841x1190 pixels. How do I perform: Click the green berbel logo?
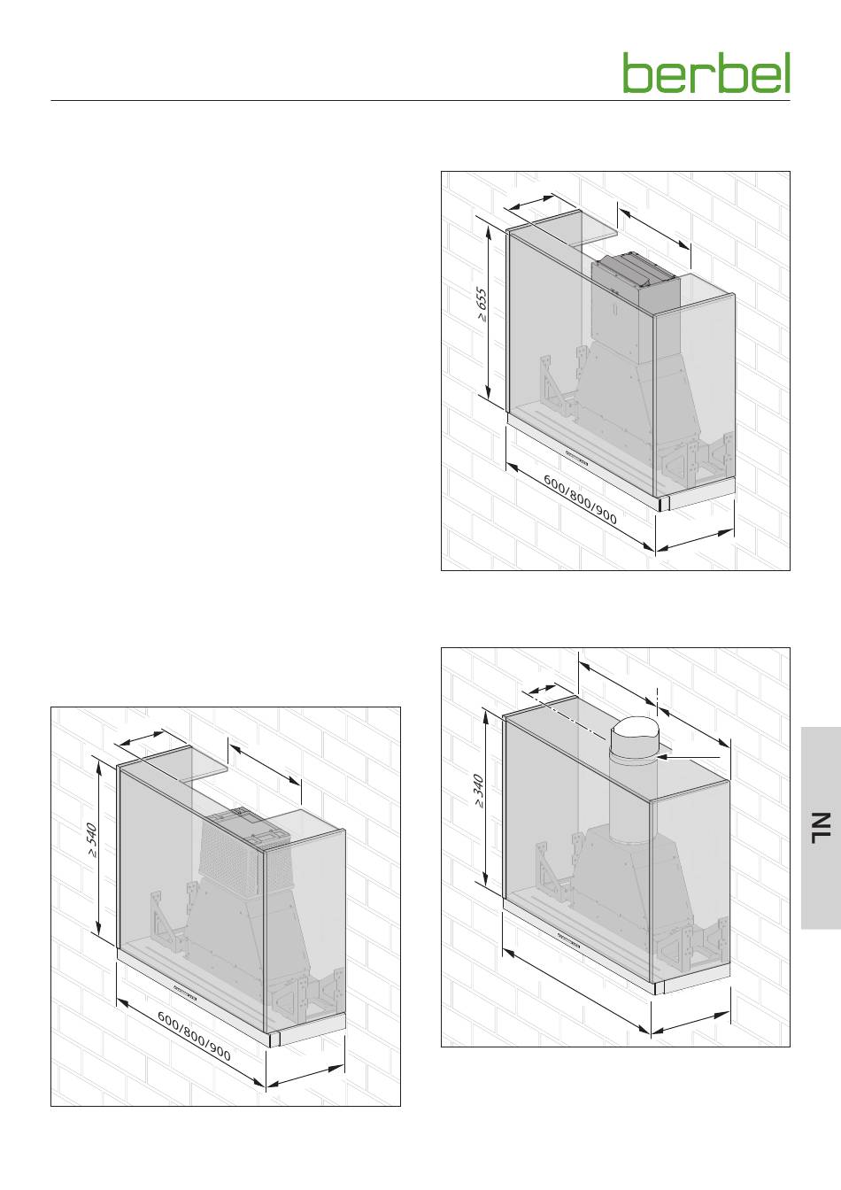click(x=706, y=73)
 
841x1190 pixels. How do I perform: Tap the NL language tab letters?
click(x=821, y=828)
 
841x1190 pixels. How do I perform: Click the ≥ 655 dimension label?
click(x=482, y=305)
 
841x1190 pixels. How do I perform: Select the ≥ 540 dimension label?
click(x=92, y=840)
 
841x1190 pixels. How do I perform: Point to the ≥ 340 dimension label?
click(x=479, y=792)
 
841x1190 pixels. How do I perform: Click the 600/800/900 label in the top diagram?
click(x=580, y=498)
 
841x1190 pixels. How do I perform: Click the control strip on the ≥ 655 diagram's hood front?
click(x=576, y=459)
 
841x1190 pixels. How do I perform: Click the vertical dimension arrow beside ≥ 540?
click(x=98, y=846)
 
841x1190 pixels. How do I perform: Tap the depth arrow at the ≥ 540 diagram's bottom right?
click(x=305, y=1075)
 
